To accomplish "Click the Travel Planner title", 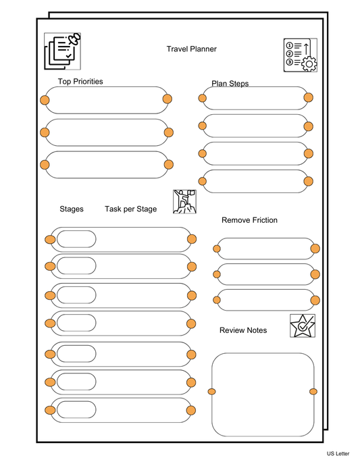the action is pyautogui.click(x=191, y=49).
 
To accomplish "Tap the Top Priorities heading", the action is pyautogui.click(x=80, y=82).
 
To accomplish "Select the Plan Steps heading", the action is pyautogui.click(x=230, y=84).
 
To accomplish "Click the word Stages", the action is pyautogui.click(x=72, y=209).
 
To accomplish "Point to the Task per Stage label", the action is pyautogui.click(x=130, y=209).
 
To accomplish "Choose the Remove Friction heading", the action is pyautogui.click(x=249, y=220).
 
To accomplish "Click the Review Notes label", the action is pyautogui.click(x=243, y=330).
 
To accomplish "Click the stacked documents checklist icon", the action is pyautogui.click(x=61, y=51).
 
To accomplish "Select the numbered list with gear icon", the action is pyautogui.click(x=300, y=55).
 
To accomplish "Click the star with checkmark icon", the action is pyautogui.click(x=302, y=326).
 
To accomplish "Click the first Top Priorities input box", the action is pyautogui.click(x=106, y=100).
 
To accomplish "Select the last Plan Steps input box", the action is pyautogui.click(x=255, y=181).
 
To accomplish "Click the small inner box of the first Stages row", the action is pyautogui.click(x=76, y=239).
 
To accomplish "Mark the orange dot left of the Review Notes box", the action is pyautogui.click(x=211, y=392).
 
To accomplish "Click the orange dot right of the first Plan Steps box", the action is pyautogui.click(x=308, y=98).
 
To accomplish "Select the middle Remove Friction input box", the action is pyautogui.click(x=266, y=274).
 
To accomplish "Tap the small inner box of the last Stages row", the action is pyautogui.click(x=76, y=410).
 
